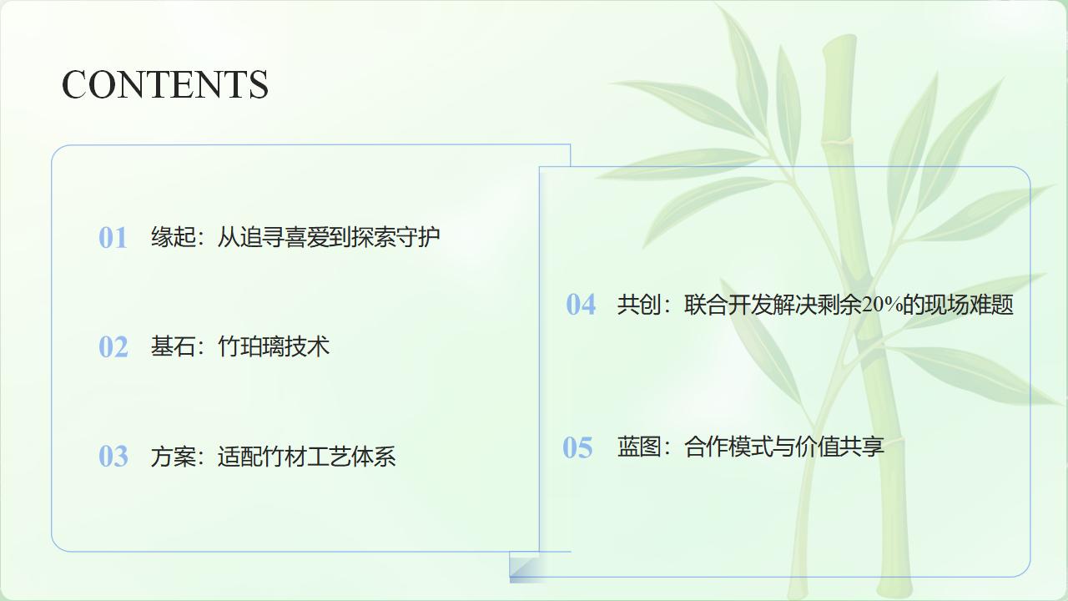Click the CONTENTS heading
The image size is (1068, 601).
click(165, 84)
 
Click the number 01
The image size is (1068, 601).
click(113, 238)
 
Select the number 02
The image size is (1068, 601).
click(113, 346)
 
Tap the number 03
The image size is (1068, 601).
click(113, 456)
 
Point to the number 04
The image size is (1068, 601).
click(581, 305)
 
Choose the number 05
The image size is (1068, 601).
click(577, 447)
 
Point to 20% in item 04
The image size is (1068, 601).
click(882, 305)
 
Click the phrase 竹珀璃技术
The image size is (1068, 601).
click(274, 346)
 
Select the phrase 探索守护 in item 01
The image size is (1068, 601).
click(395, 237)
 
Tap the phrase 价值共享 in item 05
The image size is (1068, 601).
click(840, 447)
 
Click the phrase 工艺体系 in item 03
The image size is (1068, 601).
click(351, 456)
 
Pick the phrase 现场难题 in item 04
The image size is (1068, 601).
click(969, 305)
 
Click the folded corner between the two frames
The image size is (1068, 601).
click(525, 567)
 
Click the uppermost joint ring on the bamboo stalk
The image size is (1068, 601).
click(838, 141)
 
